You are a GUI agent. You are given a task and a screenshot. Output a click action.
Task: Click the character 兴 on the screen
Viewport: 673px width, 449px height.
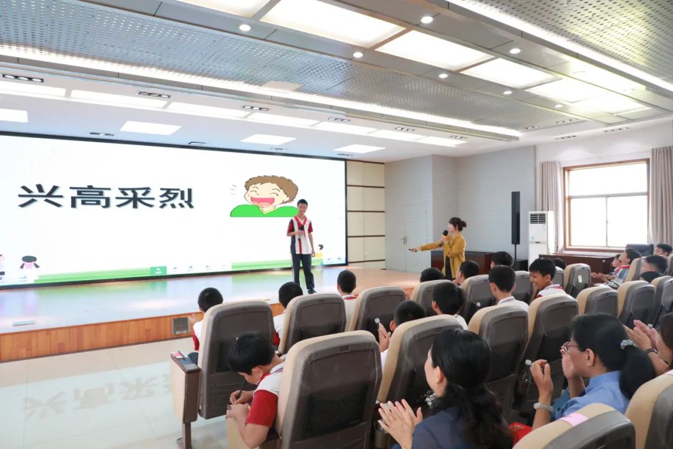tap(41, 197)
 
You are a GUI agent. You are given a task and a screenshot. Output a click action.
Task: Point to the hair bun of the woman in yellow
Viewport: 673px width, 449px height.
tap(462, 223)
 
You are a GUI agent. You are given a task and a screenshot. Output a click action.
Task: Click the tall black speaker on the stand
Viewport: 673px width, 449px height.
tap(515, 218)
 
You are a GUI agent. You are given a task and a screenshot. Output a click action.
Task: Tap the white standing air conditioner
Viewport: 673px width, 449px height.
tap(540, 236)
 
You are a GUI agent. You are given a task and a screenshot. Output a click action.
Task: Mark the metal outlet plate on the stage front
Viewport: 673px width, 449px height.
tap(180, 326)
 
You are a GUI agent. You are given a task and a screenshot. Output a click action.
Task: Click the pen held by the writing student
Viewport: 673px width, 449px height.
tap(241, 388)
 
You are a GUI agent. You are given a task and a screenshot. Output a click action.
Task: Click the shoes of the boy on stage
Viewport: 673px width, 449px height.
tap(312, 291)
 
